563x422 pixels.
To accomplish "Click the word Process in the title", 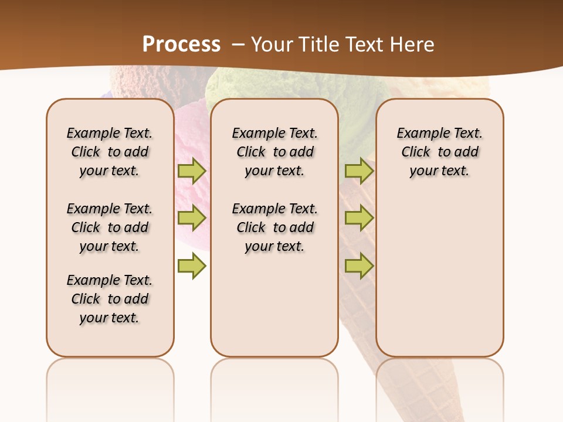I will coord(181,45).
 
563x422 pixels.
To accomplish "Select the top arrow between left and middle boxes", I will coord(191,171).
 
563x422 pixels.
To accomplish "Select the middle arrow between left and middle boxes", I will coord(191,218).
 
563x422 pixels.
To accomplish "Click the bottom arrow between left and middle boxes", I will coord(191,266).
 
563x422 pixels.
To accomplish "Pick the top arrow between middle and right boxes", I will coord(359,171).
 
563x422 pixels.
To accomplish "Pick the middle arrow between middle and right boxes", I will coord(359,218).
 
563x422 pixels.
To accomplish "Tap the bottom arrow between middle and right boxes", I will coord(359,266).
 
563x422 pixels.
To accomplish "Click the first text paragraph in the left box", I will coord(110,152).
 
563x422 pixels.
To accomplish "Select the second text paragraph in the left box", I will coord(110,227).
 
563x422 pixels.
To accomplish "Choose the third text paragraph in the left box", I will coord(110,299).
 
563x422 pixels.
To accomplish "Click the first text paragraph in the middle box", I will coord(275,152).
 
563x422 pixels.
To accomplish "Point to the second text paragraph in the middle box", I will coord(275,227).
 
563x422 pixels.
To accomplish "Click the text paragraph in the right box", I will coord(440,152).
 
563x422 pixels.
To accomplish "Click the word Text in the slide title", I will coord(360,45).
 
